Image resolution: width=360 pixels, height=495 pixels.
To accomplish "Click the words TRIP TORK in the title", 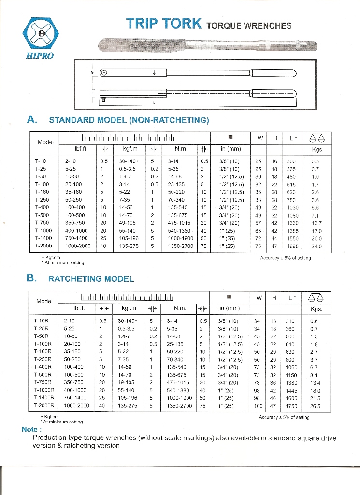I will pyautogui.click(x=163, y=24).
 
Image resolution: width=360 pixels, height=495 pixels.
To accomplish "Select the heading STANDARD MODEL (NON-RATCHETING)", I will pyautogui.click(x=129, y=119).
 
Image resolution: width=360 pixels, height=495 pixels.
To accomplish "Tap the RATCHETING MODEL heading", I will pyautogui.click(x=91, y=278).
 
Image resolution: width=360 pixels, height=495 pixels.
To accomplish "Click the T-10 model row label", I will pyautogui.click(x=41, y=160).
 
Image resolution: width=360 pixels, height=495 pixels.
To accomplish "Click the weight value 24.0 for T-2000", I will pyautogui.click(x=316, y=246).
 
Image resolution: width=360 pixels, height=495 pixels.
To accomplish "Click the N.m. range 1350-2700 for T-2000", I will pyautogui.click(x=181, y=246).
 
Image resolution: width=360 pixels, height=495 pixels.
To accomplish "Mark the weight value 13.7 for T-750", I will pyautogui.click(x=316, y=223).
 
